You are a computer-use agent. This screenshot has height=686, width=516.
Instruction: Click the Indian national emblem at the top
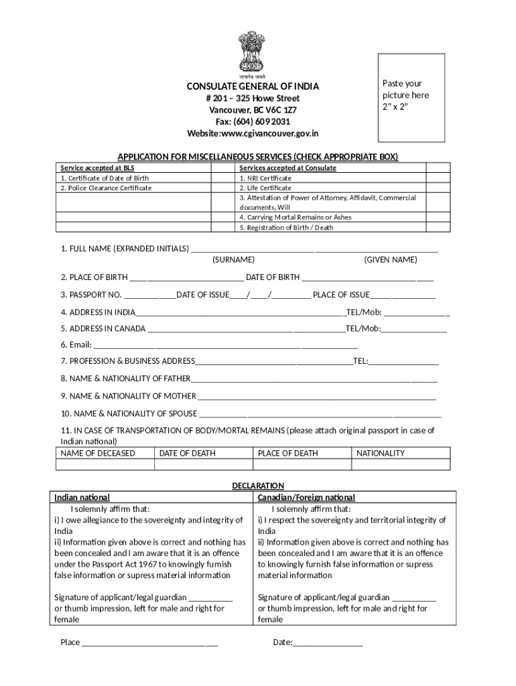[x=252, y=54]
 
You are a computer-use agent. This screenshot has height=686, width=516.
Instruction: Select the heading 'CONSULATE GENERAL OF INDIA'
[x=252, y=86]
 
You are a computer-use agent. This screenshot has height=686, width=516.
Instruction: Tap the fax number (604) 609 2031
[x=252, y=121]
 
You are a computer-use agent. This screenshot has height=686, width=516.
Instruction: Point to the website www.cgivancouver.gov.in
[x=252, y=133]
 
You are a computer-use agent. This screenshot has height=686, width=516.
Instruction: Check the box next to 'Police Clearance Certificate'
[x=222, y=188]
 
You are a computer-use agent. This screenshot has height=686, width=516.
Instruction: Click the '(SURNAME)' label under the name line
[x=233, y=260]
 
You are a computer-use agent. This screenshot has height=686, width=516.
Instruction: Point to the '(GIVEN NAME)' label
[x=391, y=260]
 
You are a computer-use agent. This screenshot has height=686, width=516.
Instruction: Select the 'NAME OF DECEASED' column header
[x=98, y=454]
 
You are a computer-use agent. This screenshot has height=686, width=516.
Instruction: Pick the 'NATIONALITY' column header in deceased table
[x=381, y=454]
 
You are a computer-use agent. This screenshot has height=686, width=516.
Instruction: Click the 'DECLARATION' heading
[x=258, y=486]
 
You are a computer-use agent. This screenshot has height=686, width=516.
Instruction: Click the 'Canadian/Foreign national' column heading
[x=306, y=498]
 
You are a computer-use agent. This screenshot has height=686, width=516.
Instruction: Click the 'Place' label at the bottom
[x=70, y=642]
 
